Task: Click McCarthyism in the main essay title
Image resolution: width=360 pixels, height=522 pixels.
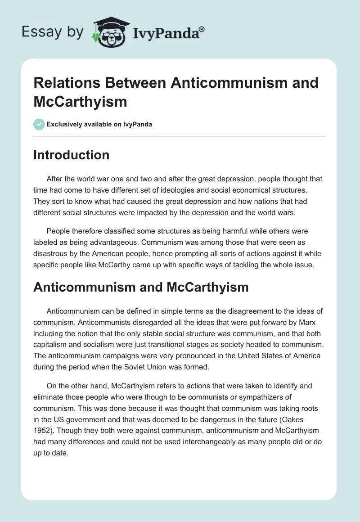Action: tap(80, 101)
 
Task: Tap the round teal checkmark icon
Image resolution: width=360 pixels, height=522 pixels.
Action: tap(39, 124)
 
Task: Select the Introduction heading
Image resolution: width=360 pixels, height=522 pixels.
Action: tap(71, 155)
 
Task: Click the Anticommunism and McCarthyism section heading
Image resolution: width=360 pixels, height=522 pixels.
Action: tap(141, 287)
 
